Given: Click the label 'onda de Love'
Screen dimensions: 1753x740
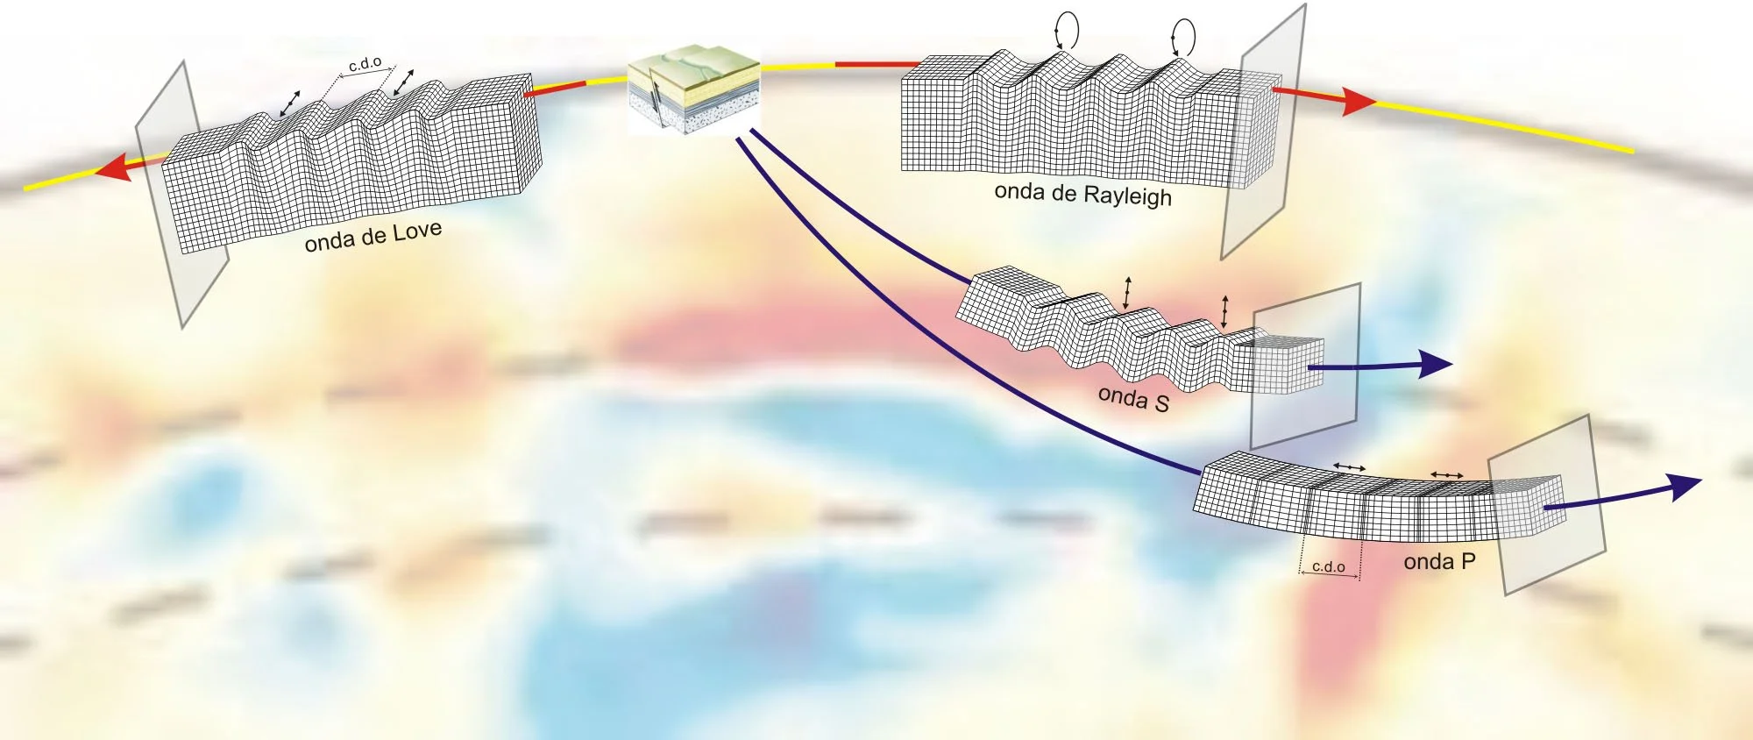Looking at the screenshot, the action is pyautogui.click(x=373, y=237).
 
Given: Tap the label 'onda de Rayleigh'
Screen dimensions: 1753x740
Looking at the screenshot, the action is pyautogui.click(x=1082, y=194).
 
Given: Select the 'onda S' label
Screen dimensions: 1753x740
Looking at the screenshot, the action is pyautogui.click(x=1133, y=398).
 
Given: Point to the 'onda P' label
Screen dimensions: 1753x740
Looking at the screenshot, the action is pyautogui.click(x=1439, y=561).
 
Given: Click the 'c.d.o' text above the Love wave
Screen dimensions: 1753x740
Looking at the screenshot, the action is pyautogui.click(x=365, y=63).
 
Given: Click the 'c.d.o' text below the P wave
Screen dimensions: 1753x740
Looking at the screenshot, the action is pyautogui.click(x=1328, y=566).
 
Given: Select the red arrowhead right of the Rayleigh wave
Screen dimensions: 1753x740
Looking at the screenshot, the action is pyautogui.click(x=1356, y=103).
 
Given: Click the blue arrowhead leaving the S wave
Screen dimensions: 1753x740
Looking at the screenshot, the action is pyautogui.click(x=1436, y=364).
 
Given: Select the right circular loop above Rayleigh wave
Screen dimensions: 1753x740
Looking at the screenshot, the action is pyautogui.click(x=1183, y=37).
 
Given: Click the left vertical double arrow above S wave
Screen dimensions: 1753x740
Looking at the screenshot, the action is pyautogui.click(x=1128, y=293).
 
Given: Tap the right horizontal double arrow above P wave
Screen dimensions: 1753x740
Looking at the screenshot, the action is pyautogui.click(x=1446, y=474).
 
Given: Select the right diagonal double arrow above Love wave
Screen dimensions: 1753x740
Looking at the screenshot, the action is pyautogui.click(x=403, y=82).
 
